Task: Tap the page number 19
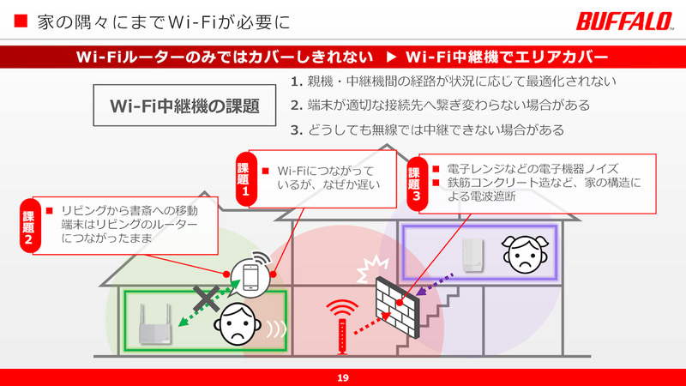(x=343, y=377)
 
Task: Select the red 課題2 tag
(x=29, y=225)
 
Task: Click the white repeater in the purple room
(x=470, y=255)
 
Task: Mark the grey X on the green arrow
(x=206, y=298)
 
